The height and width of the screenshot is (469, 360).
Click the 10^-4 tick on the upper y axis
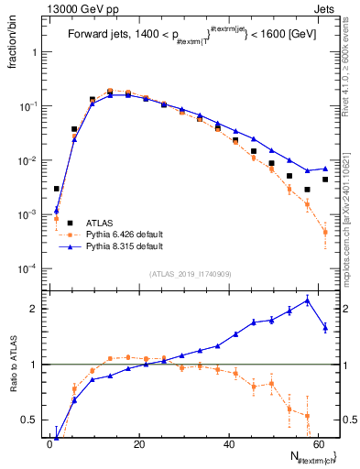pos(27,268)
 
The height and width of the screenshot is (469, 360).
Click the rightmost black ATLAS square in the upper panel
pos(325,180)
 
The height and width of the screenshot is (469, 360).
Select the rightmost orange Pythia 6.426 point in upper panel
pos(325,233)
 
